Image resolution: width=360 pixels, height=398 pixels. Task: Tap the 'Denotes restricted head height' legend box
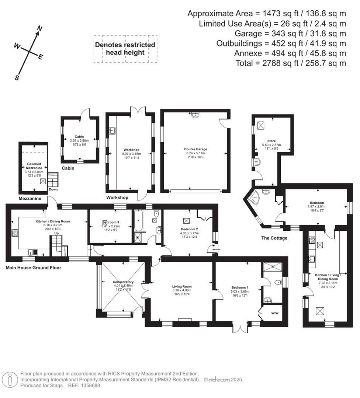tap(125, 49)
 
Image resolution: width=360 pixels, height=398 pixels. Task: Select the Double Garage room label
tap(195, 149)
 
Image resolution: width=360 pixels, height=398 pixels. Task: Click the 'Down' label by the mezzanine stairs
tap(53, 189)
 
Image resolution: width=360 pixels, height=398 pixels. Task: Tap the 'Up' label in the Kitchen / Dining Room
tap(56, 233)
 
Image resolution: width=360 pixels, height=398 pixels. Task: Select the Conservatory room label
tap(123, 282)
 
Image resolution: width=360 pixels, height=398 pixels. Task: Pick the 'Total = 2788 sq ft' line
tap(291, 63)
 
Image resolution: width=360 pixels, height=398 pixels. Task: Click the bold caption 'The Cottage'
tap(274, 238)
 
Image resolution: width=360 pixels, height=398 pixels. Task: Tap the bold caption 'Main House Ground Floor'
tap(34, 268)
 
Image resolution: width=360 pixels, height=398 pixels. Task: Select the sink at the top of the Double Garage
tap(195, 115)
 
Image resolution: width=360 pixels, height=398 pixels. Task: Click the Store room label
tap(271, 141)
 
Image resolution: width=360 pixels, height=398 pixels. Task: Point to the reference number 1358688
tap(88, 385)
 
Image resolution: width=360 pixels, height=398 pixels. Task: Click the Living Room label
tap(182, 286)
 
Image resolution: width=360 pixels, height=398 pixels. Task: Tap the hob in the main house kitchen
tap(15, 233)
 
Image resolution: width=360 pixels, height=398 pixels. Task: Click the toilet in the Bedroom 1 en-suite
tap(279, 283)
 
